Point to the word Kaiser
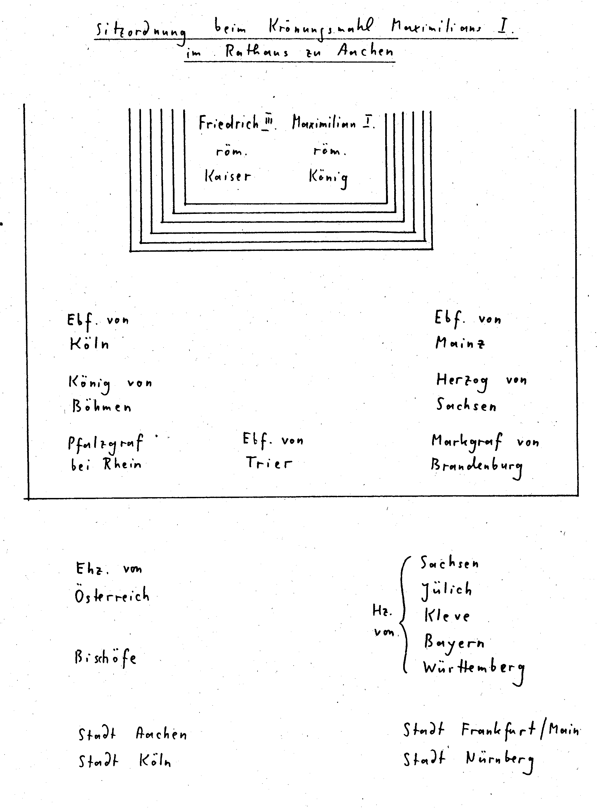coord(228,177)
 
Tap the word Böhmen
coord(102,407)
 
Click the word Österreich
coord(112,596)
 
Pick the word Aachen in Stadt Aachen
coord(161,734)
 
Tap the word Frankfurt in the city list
coord(499,730)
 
